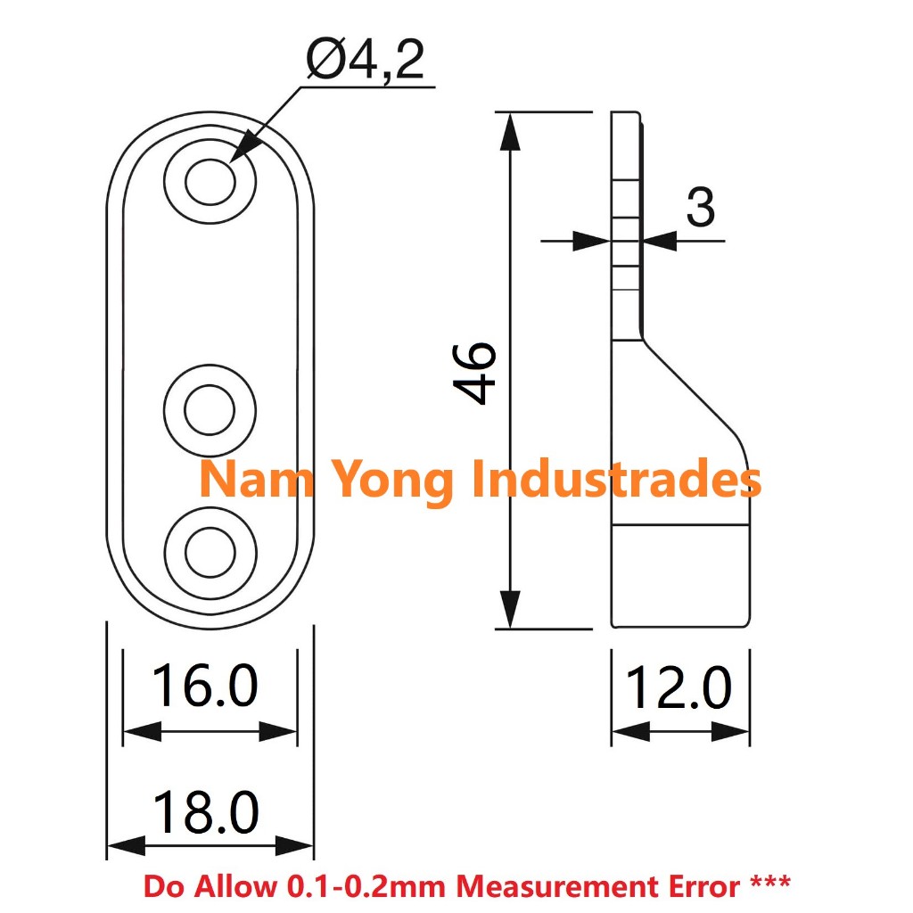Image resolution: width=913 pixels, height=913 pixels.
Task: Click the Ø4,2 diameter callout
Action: tap(365, 62)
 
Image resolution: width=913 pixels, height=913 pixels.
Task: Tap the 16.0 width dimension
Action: tap(205, 687)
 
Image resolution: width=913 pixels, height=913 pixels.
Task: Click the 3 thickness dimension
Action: tap(701, 209)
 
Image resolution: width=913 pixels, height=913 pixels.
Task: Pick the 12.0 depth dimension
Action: tap(679, 689)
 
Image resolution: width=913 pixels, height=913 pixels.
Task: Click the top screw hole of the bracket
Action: tap(210, 181)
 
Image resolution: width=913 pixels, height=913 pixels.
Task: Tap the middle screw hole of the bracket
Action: tap(210, 409)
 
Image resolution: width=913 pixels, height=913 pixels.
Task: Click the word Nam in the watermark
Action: tap(244, 479)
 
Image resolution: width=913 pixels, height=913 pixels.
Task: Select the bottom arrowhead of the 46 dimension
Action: tap(509, 610)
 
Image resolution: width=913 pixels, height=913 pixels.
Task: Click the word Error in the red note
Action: tap(700, 887)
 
